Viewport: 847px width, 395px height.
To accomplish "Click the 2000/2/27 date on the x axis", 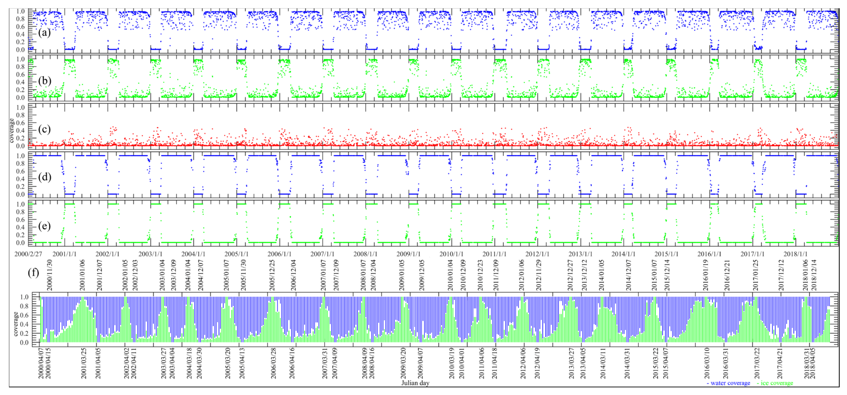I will point(28,254).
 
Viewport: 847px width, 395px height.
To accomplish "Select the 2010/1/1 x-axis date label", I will point(451,254).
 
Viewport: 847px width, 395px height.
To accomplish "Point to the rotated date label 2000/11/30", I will point(49,275).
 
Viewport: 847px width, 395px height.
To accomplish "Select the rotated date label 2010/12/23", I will point(480,275).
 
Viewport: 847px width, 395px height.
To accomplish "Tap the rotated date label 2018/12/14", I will point(814,275).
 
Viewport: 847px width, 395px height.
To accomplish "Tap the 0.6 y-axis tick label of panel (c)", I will point(20,123).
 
